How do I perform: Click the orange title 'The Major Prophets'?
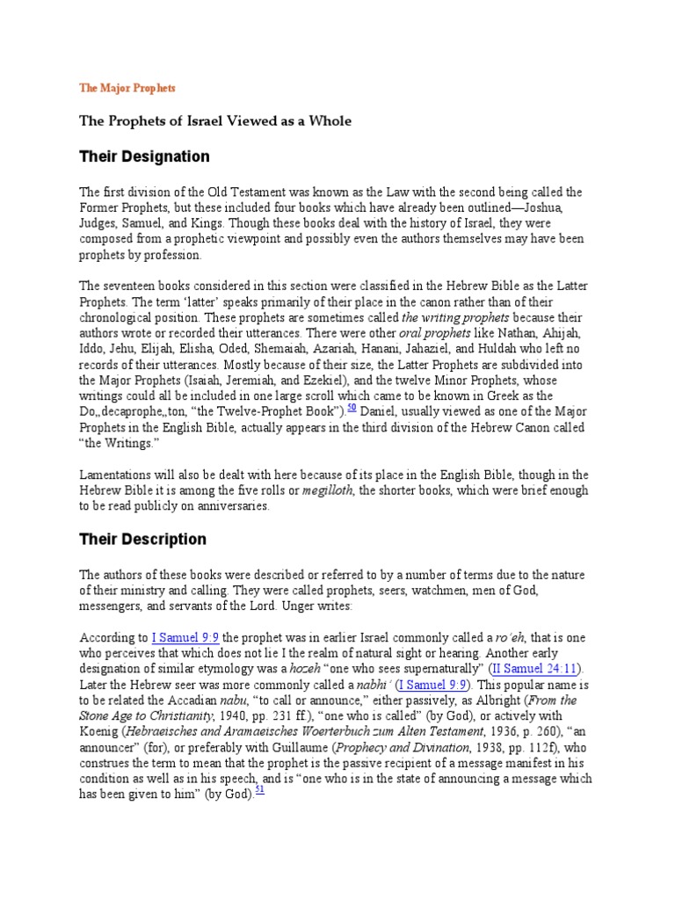127,88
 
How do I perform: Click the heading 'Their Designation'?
145,157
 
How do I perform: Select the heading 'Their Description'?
143,540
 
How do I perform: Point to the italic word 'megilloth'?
327,490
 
